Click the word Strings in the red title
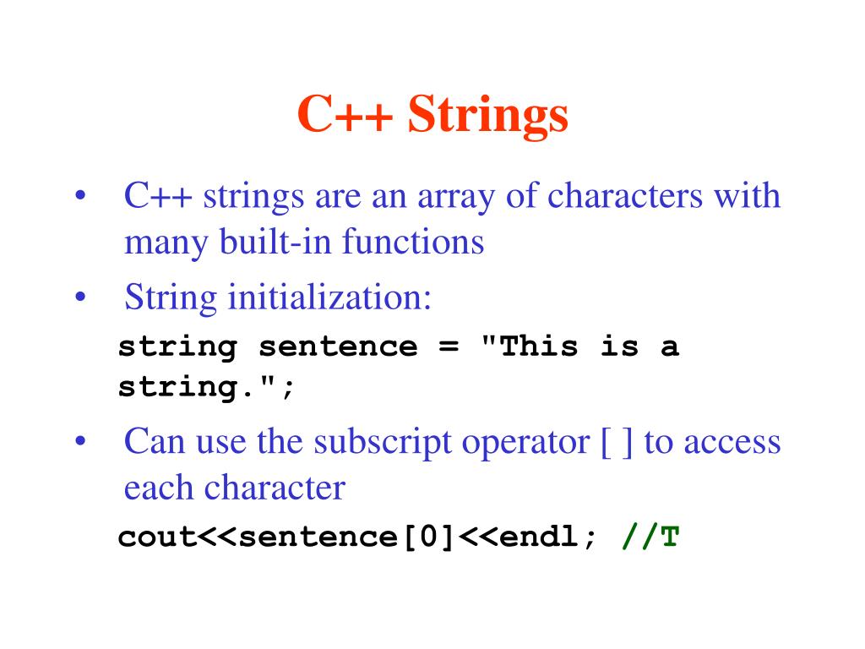point(487,116)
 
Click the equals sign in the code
point(449,347)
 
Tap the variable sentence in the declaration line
point(338,347)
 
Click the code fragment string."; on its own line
point(207,389)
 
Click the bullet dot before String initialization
point(81,298)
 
